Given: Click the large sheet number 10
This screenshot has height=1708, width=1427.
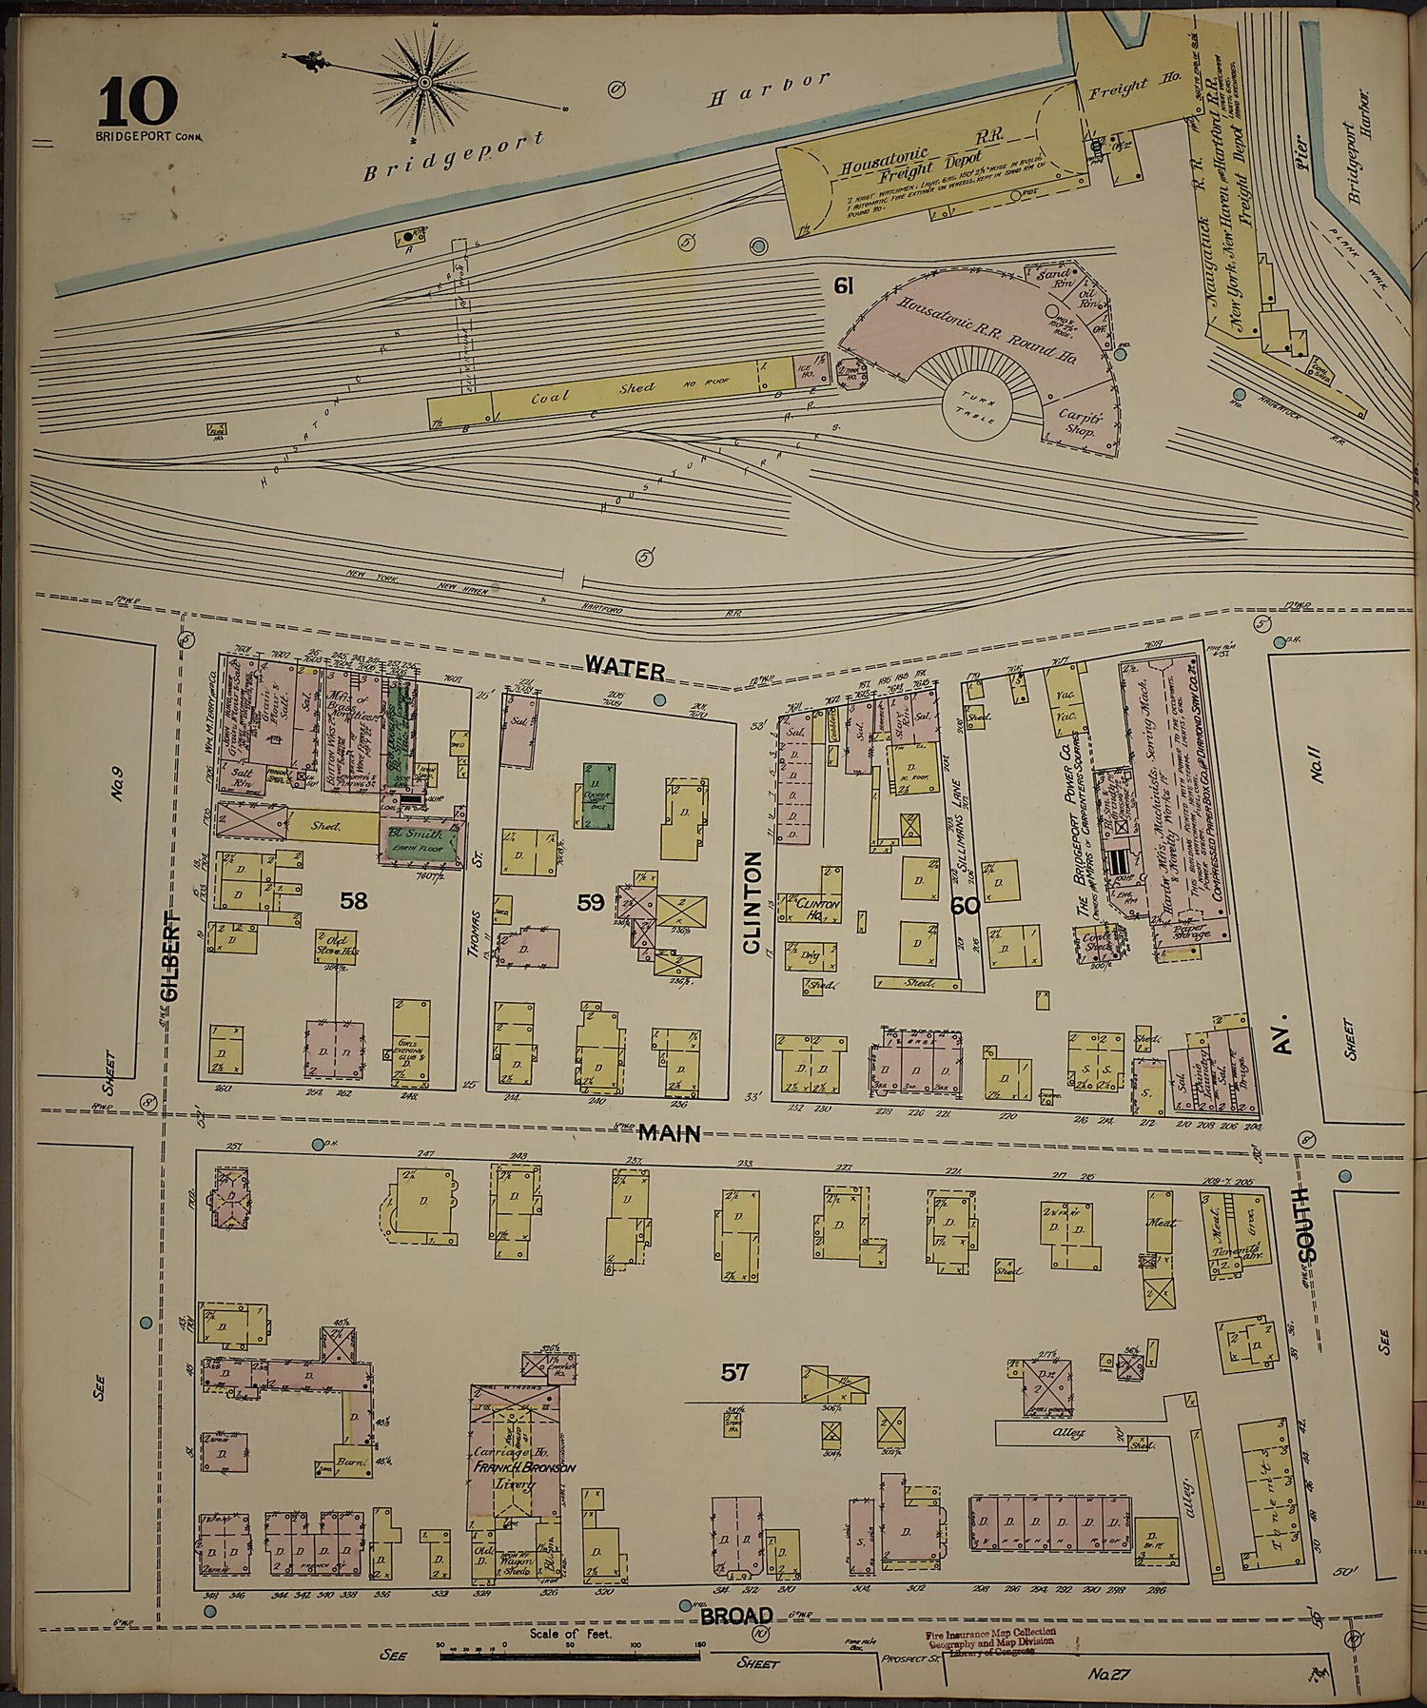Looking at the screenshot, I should [137, 102].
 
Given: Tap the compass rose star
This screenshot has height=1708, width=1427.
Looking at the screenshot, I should [424, 84].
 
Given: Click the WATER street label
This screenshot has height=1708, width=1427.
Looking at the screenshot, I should [624, 669].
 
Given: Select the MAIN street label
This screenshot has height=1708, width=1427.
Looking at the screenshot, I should [669, 1132].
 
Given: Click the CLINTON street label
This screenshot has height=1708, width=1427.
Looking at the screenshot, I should [752, 901].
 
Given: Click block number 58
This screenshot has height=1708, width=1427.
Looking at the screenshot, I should [353, 899].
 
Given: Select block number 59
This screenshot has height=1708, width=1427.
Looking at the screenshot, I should [590, 901].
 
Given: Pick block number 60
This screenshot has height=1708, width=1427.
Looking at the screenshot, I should [965, 906].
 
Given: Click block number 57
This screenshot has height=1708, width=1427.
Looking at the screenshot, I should [734, 1371].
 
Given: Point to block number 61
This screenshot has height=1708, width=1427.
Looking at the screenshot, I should [841, 285].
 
